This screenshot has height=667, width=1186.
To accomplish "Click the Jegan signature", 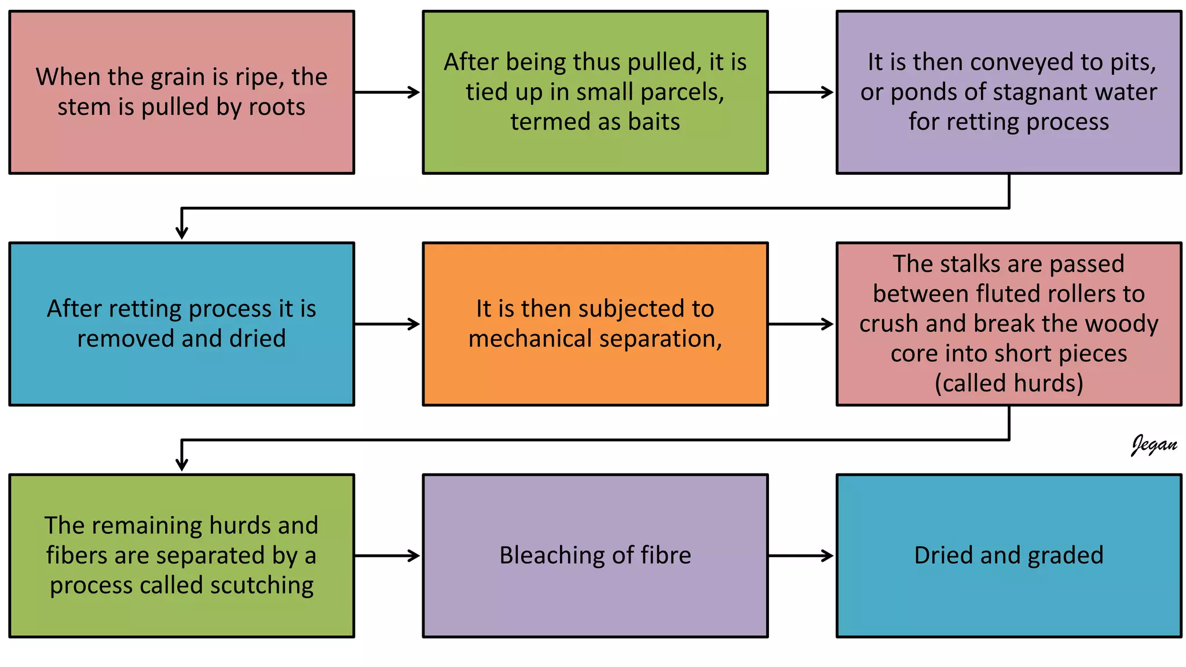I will coord(1154,445).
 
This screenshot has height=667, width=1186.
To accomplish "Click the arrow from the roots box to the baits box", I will coord(387,92).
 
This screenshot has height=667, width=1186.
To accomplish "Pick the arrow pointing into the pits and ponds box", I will coord(801,92).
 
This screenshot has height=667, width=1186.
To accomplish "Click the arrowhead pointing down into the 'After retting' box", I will coord(182,232).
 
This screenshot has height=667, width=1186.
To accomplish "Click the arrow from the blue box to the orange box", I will coord(387,324).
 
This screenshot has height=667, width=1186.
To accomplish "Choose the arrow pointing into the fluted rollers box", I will coord(801,324).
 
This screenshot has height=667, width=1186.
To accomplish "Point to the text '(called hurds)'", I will coord(1009,383).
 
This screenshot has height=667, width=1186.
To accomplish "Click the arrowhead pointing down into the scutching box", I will coord(182,464).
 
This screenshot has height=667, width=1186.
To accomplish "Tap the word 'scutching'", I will coord(262,585).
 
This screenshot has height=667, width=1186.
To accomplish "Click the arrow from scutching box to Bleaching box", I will coord(387,556).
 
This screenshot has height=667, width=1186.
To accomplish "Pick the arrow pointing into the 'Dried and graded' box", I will coord(801,556).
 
